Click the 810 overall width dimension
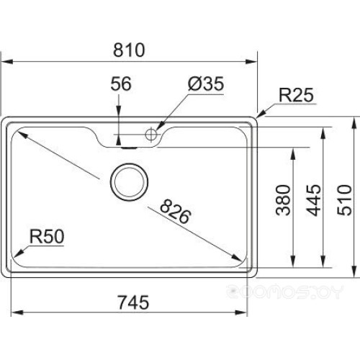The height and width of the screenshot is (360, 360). coord(130,50)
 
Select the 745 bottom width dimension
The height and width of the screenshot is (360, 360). coord(130,302)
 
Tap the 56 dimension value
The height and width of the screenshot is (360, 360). coord(121,84)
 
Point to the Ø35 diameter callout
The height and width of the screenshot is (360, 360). coord(205,84)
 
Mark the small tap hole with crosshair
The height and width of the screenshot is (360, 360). coord(151,133)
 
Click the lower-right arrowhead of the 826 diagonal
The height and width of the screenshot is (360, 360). coord(239,261)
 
